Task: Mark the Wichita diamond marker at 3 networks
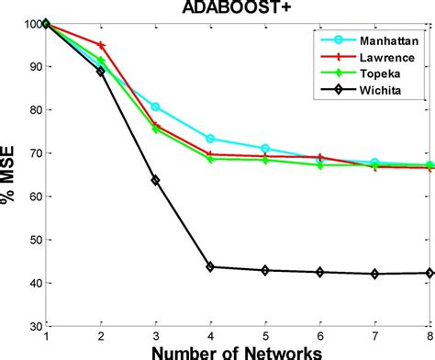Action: (x=155, y=181)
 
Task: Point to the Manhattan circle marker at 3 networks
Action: (x=155, y=107)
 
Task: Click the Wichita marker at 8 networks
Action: (x=430, y=272)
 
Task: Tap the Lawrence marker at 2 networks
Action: (x=100, y=45)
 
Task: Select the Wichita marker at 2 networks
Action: (x=100, y=71)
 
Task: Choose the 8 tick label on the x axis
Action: (x=429, y=337)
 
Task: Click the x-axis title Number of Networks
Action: (x=238, y=352)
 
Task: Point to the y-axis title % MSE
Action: (x=10, y=174)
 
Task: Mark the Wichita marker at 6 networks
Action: (x=320, y=272)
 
